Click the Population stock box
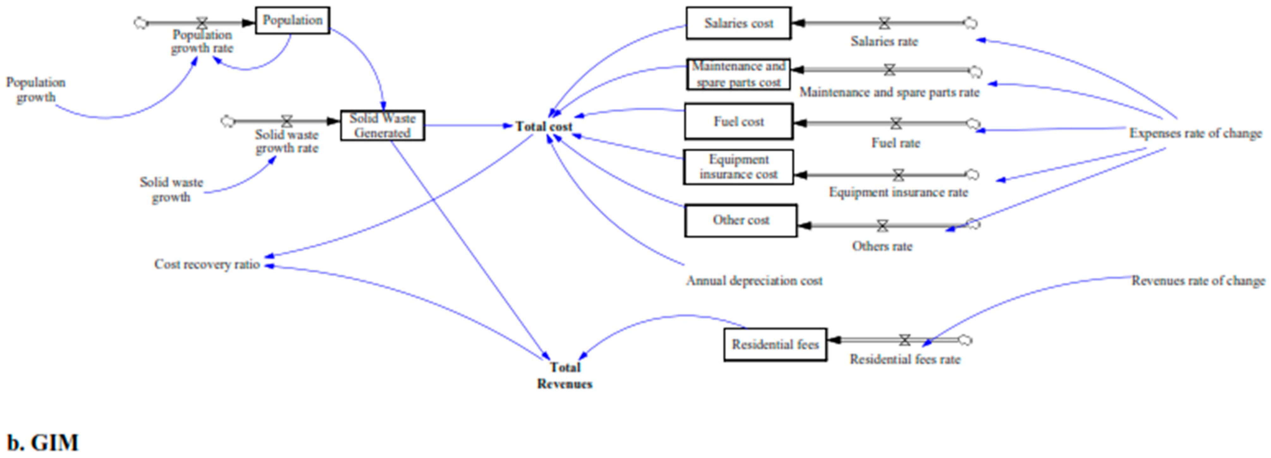292,20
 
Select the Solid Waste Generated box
382,125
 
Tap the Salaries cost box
738,23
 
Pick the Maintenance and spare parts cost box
738,74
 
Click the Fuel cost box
738,121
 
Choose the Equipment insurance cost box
738,167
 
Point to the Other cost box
740,220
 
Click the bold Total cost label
543,127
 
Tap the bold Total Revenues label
564,375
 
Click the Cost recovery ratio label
207,264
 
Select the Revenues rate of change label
1197,281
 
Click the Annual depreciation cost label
754,281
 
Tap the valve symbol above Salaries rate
884,23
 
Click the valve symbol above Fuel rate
896,123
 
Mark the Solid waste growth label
171,189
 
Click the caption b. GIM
43,442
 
